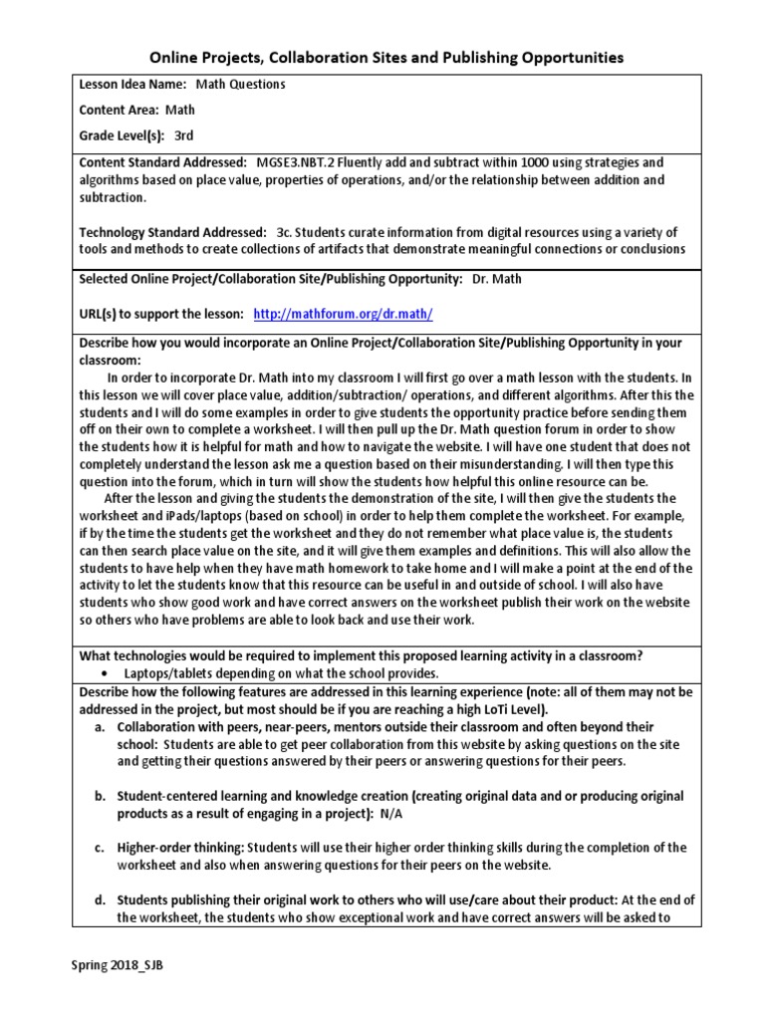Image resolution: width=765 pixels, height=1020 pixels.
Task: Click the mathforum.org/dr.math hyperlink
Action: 344,314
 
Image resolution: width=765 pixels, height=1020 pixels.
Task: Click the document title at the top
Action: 386,58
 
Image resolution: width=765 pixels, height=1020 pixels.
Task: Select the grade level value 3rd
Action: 184,134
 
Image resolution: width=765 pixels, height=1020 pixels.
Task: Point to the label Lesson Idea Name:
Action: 132,85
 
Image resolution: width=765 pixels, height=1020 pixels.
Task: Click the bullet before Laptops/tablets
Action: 103,673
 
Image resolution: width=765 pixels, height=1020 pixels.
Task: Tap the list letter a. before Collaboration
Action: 101,727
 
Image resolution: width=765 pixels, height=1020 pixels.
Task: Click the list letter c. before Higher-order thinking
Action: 101,848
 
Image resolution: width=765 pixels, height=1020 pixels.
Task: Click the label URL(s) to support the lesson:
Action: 161,314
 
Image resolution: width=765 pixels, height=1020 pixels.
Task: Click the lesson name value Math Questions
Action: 240,85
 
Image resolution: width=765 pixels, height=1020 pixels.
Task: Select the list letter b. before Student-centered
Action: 101,796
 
